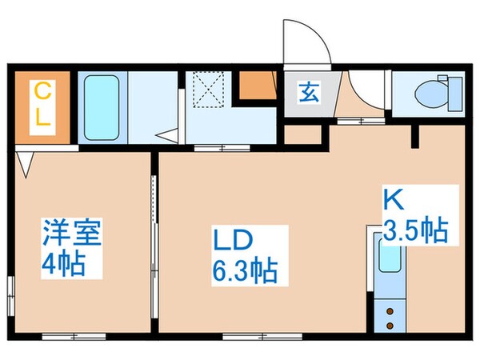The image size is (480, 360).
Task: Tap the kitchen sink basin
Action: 390,259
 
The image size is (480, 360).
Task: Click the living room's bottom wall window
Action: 246,336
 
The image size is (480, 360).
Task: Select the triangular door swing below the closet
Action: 26,164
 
